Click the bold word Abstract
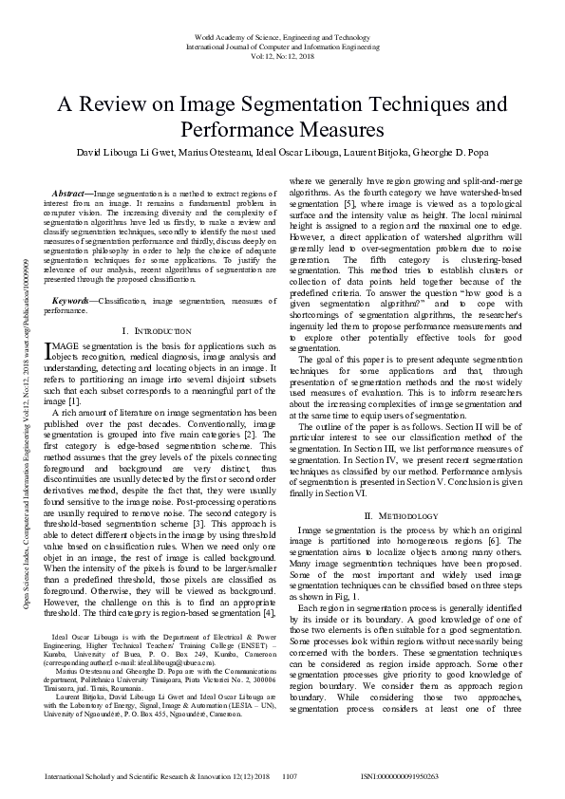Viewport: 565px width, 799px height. pyautogui.click(x=69, y=193)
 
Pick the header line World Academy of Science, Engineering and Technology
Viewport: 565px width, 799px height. pyautogui.click(x=282, y=35)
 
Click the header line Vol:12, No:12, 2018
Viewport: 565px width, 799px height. pyautogui.click(x=282, y=56)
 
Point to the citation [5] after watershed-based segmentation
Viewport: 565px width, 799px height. pyautogui.click(x=349, y=203)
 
